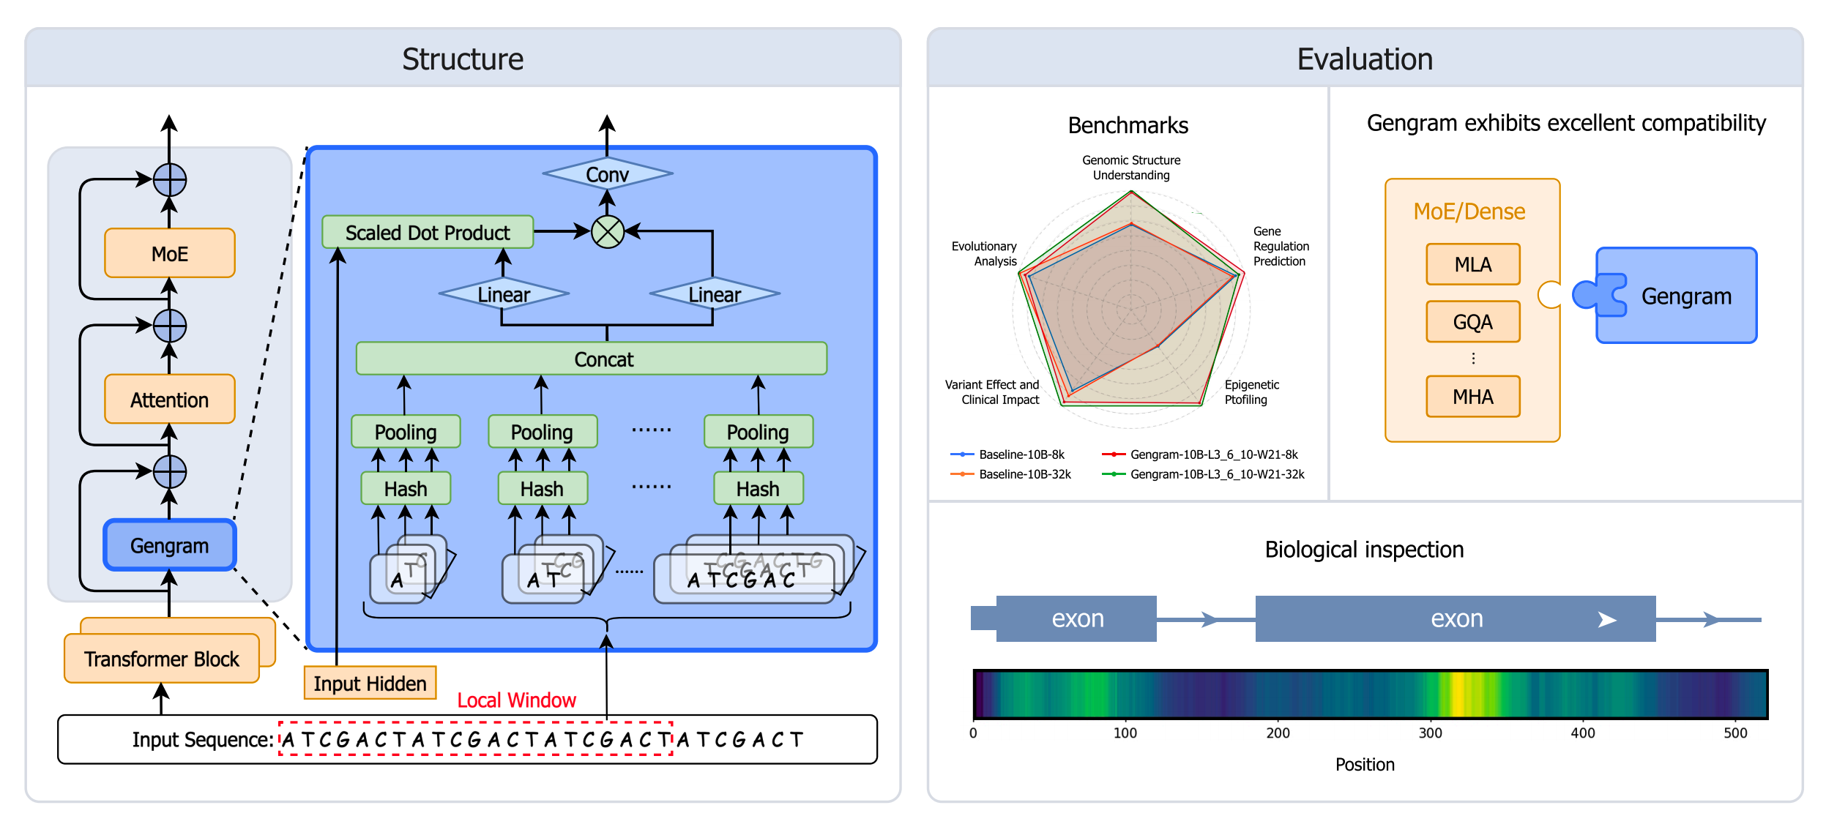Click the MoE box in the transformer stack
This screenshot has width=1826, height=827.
point(169,253)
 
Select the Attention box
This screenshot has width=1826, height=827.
point(169,399)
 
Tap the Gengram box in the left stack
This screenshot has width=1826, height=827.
point(169,545)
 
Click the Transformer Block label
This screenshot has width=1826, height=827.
point(161,659)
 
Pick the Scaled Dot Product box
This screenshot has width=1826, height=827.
point(428,232)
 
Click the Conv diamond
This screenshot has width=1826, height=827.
point(607,174)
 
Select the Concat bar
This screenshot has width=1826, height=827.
point(592,359)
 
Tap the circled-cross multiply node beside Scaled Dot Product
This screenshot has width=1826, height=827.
point(607,232)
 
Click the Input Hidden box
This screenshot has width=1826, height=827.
point(370,683)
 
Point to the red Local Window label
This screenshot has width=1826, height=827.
point(516,700)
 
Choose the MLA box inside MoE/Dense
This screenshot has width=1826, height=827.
point(1472,264)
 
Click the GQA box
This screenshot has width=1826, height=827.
point(1472,321)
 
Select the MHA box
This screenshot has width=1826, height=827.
point(1472,396)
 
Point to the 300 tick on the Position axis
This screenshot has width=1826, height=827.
point(1430,733)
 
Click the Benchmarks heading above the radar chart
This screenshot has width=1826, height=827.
point(1128,125)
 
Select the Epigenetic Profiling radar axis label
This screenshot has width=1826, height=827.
point(1252,392)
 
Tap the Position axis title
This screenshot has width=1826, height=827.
point(1365,764)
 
